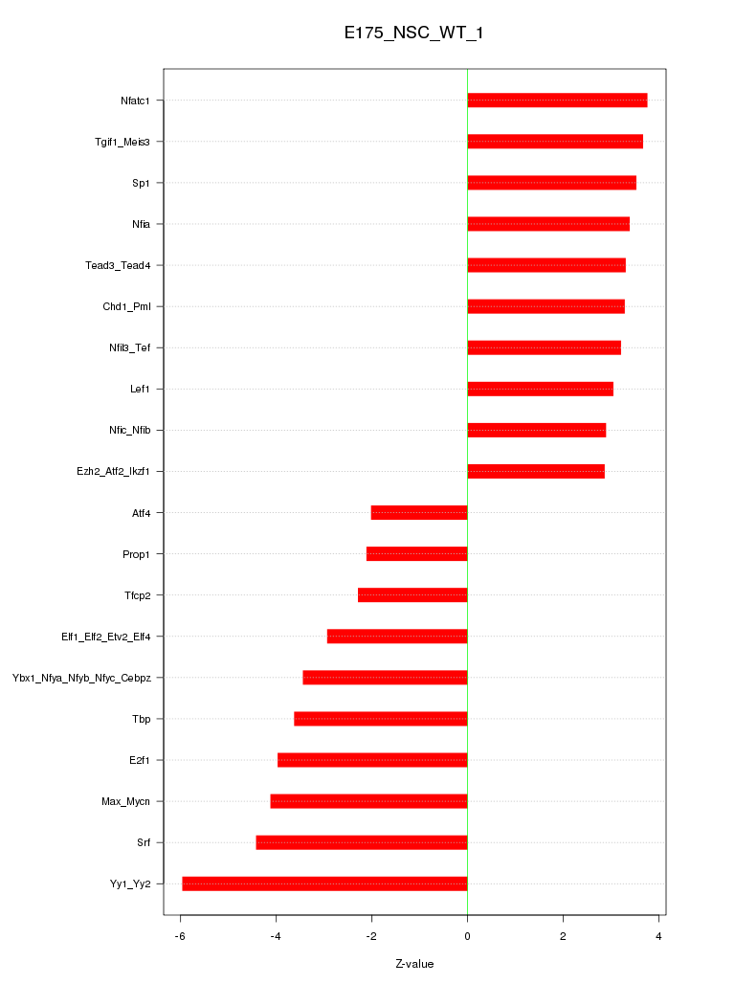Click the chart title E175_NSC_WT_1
tap(413, 34)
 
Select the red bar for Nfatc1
tap(557, 101)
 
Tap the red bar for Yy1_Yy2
tap(324, 883)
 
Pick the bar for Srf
tap(362, 842)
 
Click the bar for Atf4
tap(419, 513)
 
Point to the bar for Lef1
tap(540, 389)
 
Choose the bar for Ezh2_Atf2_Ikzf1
tap(536, 471)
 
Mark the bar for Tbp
tap(381, 719)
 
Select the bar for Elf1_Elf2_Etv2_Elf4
tap(397, 637)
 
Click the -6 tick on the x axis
tap(180, 935)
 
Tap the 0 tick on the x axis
tap(467, 935)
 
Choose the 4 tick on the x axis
tap(659, 935)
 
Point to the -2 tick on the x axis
tap(371, 935)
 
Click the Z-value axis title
tap(414, 964)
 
